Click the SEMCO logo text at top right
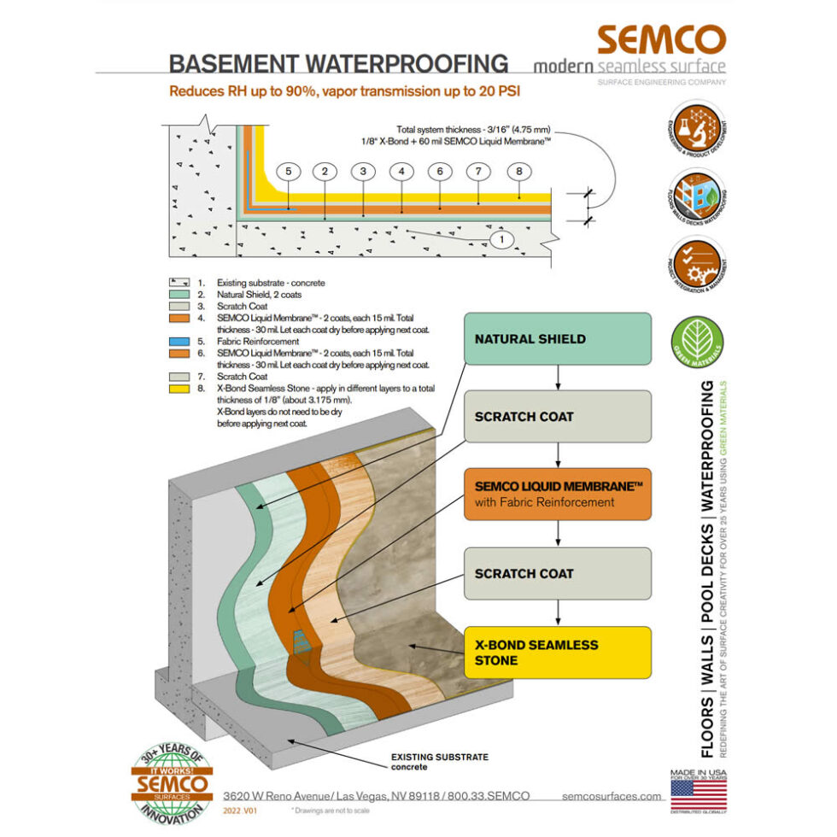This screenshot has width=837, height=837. pyautogui.click(x=661, y=40)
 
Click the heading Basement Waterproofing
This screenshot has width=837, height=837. pyautogui.click(x=338, y=65)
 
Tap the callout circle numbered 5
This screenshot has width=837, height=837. pyautogui.click(x=289, y=172)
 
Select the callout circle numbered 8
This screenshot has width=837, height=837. pyautogui.click(x=518, y=172)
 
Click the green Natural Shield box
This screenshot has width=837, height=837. pyautogui.click(x=558, y=339)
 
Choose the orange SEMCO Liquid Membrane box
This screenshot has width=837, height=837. pyautogui.click(x=558, y=495)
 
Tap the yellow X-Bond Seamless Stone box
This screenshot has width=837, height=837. pyautogui.click(x=558, y=653)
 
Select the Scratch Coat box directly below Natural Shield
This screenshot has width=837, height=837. pyautogui.click(x=558, y=417)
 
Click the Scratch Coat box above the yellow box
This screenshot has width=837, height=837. pyautogui.click(x=558, y=573)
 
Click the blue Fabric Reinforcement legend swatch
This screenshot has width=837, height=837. pyautogui.click(x=179, y=339)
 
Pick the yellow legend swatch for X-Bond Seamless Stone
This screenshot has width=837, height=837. pyautogui.click(x=179, y=387)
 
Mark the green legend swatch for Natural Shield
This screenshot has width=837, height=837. pyautogui.click(x=179, y=292)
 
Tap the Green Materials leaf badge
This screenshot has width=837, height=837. pyautogui.click(x=699, y=342)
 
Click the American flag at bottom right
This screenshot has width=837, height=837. pyautogui.click(x=699, y=793)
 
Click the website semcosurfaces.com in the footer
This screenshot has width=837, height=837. pyautogui.click(x=612, y=796)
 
